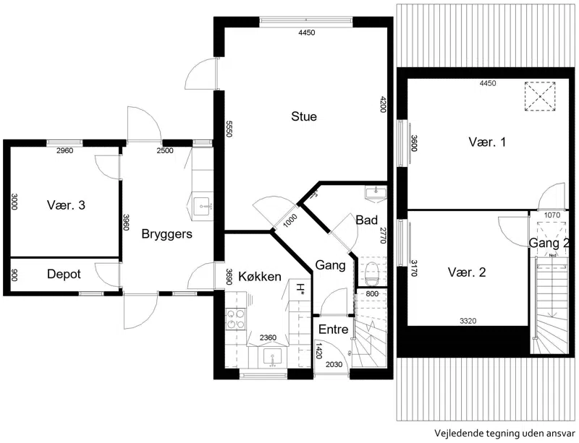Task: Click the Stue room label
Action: pyautogui.click(x=304, y=116)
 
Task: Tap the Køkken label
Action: pyautogui.click(x=260, y=276)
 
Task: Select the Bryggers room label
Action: pyautogui.click(x=167, y=234)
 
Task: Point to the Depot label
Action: pyautogui.click(x=64, y=274)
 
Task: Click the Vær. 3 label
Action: pyautogui.click(x=66, y=205)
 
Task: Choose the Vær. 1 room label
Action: pyautogui.click(x=487, y=142)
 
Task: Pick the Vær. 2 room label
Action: pyautogui.click(x=467, y=272)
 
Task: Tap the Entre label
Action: pyautogui.click(x=333, y=330)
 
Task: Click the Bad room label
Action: pyautogui.click(x=367, y=220)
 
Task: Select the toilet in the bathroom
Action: pyautogui.click(x=371, y=273)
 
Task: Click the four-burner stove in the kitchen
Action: pyautogui.click(x=236, y=319)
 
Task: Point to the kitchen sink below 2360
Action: pyautogui.click(x=273, y=358)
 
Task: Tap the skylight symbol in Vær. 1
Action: pyautogui.click(x=540, y=96)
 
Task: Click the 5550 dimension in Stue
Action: pyautogui.click(x=229, y=129)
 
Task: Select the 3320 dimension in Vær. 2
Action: pyautogui.click(x=468, y=321)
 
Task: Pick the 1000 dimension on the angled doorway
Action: pyautogui.click(x=291, y=221)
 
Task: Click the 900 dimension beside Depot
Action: pyautogui.click(x=14, y=275)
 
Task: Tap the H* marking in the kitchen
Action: pyautogui.click(x=300, y=289)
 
